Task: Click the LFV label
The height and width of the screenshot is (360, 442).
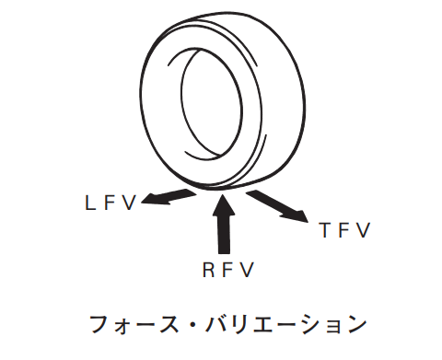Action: pyautogui.click(x=110, y=203)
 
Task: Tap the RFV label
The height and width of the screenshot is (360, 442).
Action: pyautogui.click(x=228, y=270)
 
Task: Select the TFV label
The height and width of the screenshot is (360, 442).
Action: pyautogui.click(x=344, y=230)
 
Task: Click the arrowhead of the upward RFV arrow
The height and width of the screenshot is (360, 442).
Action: pyautogui.click(x=224, y=204)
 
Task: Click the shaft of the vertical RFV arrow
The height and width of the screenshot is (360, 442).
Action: pyautogui.click(x=224, y=234)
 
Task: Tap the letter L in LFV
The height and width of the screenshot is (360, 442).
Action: pyautogui.click(x=89, y=203)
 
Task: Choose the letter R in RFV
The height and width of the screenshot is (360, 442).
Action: pyautogui.click(x=208, y=270)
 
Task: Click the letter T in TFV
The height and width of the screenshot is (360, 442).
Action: pyautogui.click(x=325, y=230)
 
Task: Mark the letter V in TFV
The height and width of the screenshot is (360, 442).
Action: pyautogui.click(x=364, y=230)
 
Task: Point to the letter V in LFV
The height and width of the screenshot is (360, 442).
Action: pyautogui.click(x=129, y=203)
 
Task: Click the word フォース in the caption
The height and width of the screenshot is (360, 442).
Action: pyautogui.click(x=134, y=325)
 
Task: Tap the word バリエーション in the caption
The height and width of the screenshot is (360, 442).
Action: pyautogui.click(x=286, y=325)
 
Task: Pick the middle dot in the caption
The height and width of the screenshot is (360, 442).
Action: pyautogui.click(x=192, y=325)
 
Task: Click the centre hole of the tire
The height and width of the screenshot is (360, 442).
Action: pyautogui.click(x=212, y=104)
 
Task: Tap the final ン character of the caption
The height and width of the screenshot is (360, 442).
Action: pyautogui.click(x=356, y=325)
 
